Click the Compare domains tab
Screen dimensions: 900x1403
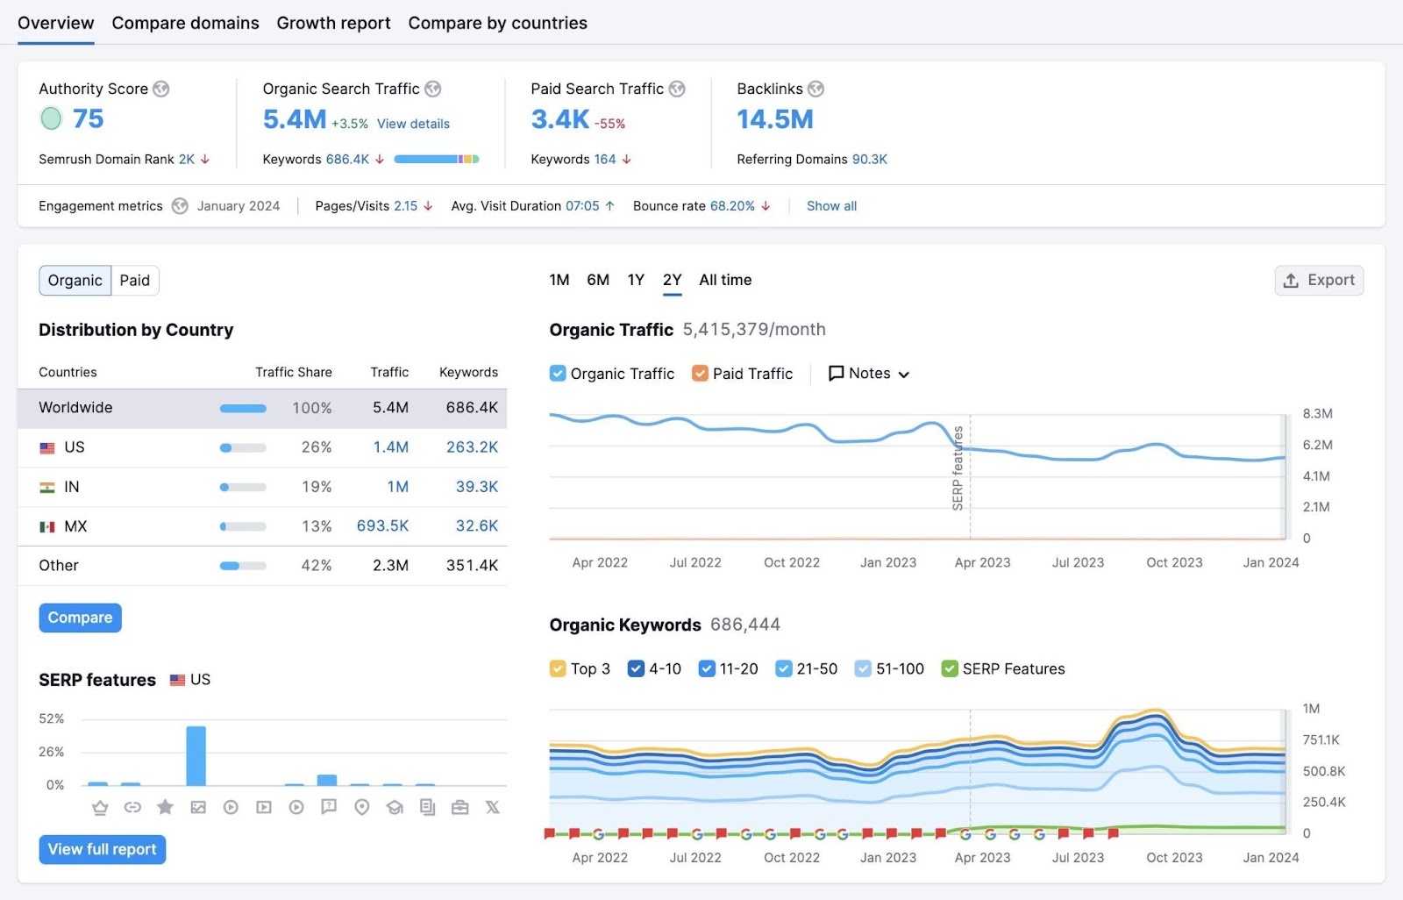(185, 23)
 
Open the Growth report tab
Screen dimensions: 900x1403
(333, 23)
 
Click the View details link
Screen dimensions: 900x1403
(413, 124)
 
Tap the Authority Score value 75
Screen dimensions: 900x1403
(88, 118)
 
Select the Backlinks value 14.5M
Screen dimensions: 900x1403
(775, 119)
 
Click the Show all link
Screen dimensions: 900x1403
(831, 206)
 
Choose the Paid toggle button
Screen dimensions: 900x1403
(135, 281)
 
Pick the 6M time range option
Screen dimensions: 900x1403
(598, 280)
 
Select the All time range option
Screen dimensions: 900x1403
(725, 280)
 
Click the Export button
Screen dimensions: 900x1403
(1319, 281)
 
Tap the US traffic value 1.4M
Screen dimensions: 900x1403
(391, 447)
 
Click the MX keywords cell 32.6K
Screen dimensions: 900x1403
(477, 526)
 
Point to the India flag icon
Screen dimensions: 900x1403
(47, 488)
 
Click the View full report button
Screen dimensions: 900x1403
(103, 849)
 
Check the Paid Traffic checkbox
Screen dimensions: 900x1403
(700, 374)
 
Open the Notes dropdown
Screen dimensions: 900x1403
(869, 374)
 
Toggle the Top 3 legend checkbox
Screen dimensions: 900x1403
(558, 669)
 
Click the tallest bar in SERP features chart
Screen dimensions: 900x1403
(196, 756)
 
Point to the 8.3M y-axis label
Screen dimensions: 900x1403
(1317, 414)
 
